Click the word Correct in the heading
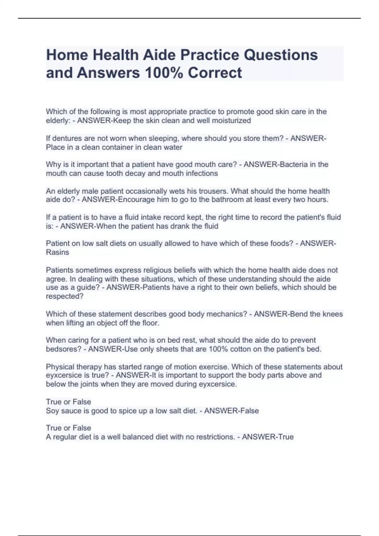(215, 73)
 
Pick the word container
(116, 147)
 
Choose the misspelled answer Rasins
(57, 252)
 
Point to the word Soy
(52, 411)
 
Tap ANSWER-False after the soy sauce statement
(232, 411)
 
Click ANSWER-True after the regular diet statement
(268, 437)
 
